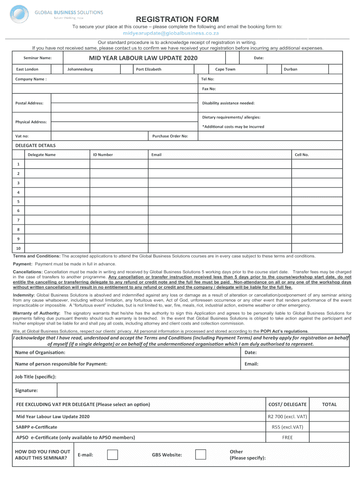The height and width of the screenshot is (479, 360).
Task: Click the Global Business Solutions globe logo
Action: (21, 14)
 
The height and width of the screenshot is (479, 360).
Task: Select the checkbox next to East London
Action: (57, 69)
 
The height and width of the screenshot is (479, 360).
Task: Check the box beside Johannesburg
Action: (126, 69)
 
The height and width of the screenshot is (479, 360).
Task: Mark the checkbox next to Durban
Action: (335, 69)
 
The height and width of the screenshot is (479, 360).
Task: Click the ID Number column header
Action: (102, 155)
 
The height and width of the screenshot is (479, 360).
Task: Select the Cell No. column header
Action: (302, 155)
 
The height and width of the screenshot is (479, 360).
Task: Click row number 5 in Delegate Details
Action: (18, 202)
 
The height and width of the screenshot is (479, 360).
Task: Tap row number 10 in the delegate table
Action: (18, 248)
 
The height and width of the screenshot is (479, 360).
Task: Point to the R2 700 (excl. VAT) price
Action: (287, 417)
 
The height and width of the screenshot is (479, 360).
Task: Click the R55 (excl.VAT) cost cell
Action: (287, 427)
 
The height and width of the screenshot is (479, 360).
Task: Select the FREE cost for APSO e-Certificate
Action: (287, 438)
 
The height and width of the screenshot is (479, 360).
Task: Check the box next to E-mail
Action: (112, 455)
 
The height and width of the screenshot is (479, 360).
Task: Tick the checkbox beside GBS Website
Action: (200, 455)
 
